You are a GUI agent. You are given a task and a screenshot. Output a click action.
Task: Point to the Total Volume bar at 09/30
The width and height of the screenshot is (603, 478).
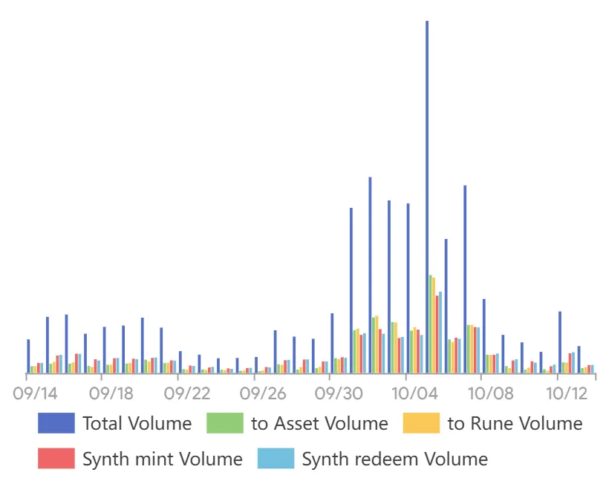coord(332,343)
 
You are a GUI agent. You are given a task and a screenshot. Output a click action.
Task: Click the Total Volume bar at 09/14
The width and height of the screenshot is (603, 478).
coord(28,356)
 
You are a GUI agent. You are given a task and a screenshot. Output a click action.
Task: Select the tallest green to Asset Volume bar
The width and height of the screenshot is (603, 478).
coord(430,324)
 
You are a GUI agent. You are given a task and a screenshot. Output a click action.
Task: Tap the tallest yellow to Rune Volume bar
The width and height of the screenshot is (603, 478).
coord(434,325)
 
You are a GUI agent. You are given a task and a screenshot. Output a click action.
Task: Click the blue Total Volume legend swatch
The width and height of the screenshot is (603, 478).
coord(56,424)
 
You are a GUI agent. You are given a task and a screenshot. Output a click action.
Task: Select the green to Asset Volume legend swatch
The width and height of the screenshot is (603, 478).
coord(224,424)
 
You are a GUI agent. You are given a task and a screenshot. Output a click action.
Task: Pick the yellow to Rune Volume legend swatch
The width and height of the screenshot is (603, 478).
coord(421,424)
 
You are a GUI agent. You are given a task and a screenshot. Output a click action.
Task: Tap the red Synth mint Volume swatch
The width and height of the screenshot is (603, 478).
coord(56,459)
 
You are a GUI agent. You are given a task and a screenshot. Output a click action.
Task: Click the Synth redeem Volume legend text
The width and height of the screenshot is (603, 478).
coord(394,459)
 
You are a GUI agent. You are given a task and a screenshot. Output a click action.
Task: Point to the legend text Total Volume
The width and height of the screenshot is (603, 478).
coord(137,424)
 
